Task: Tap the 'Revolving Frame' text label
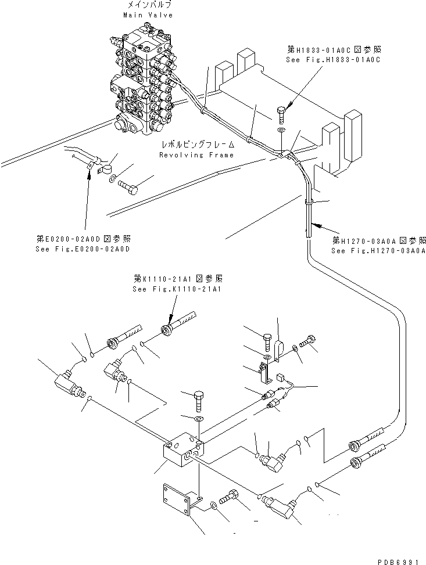click(x=196, y=155)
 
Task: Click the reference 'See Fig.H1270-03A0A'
click(x=378, y=250)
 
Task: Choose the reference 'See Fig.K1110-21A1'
click(x=178, y=289)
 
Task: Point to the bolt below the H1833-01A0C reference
click(x=282, y=113)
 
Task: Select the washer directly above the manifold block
click(x=198, y=418)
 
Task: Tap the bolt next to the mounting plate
click(x=230, y=498)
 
